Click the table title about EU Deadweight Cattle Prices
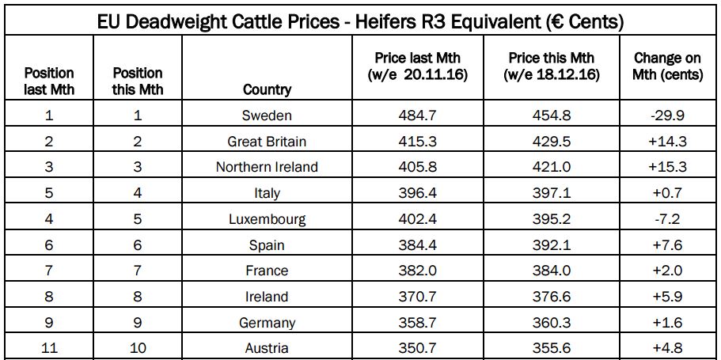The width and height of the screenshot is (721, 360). point(360,21)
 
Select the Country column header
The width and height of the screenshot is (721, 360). point(267,89)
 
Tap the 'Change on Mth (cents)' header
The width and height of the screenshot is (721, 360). point(668,66)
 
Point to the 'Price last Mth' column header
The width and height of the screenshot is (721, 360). point(417,66)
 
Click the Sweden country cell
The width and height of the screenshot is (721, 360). point(267,116)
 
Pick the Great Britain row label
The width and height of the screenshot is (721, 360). point(267,142)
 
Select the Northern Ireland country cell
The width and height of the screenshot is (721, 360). point(267,167)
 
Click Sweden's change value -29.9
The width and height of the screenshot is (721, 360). point(668,116)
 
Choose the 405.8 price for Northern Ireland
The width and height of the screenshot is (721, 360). point(417,167)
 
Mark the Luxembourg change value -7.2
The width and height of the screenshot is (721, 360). point(668,219)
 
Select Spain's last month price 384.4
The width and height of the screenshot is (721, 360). point(417,245)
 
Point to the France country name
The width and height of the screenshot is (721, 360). point(267,271)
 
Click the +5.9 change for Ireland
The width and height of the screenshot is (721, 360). point(668,297)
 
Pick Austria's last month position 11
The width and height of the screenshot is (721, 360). point(49,348)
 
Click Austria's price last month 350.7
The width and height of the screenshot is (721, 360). point(417,348)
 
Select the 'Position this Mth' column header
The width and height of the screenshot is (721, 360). point(138,81)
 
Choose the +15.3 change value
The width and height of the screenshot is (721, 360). point(668,167)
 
